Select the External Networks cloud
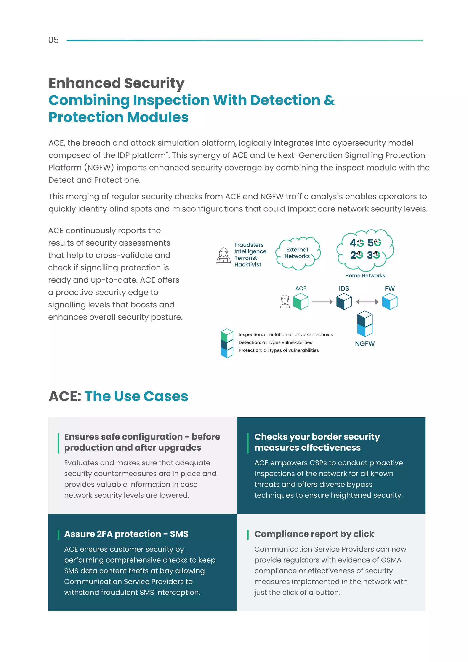pyautogui.click(x=297, y=253)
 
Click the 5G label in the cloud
pyautogui.click(x=374, y=243)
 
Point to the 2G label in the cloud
pyautogui.click(x=356, y=255)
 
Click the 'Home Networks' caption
pyautogui.click(x=365, y=275)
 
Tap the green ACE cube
pyautogui.click(x=300, y=301)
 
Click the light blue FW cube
pyautogui.click(x=390, y=301)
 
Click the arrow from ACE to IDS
pyautogui.click(x=322, y=302)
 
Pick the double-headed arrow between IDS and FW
pyautogui.click(x=367, y=302)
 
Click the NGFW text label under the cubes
pyautogui.click(x=365, y=344)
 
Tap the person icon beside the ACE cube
pyautogui.click(x=285, y=301)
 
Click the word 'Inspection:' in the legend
pyautogui.click(x=250, y=334)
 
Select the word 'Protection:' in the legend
pyautogui.click(x=250, y=350)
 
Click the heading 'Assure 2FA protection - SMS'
pyautogui.click(x=126, y=534)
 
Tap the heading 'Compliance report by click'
pyautogui.click(x=314, y=534)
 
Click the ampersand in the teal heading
pyautogui.click(x=329, y=100)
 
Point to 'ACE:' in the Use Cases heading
pyautogui.click(x=65, y=396)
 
